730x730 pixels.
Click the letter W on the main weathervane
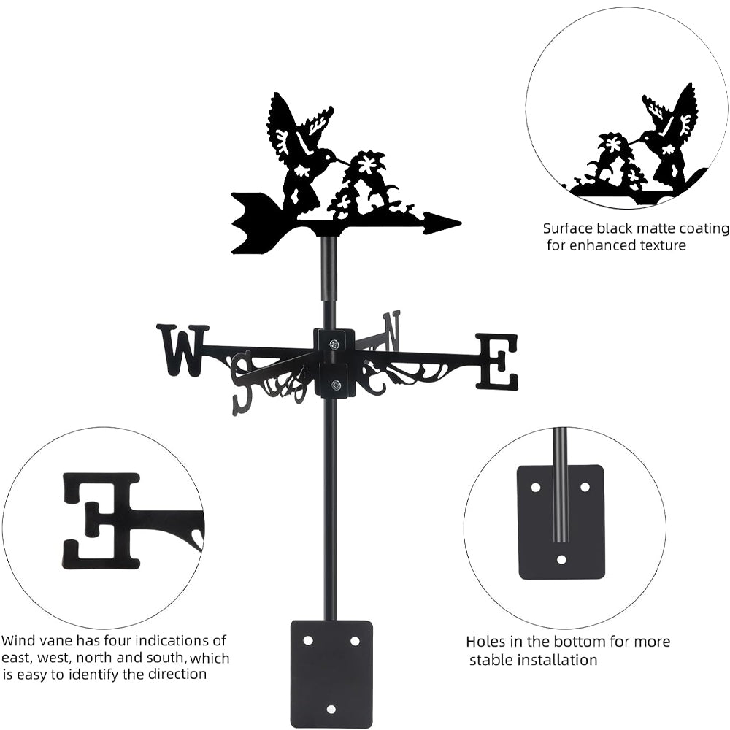(x=182, y=350)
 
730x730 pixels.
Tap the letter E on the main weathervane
(x=497, y=361)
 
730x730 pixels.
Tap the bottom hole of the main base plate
(x=331, y=709)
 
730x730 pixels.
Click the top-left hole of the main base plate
(x=308, y=640)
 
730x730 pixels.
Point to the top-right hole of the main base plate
(x=355, y=640)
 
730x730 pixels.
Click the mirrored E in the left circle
(x=102, y=520)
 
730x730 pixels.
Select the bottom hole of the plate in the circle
(x=561, y=560)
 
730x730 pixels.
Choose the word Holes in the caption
(x=485, y=642)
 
